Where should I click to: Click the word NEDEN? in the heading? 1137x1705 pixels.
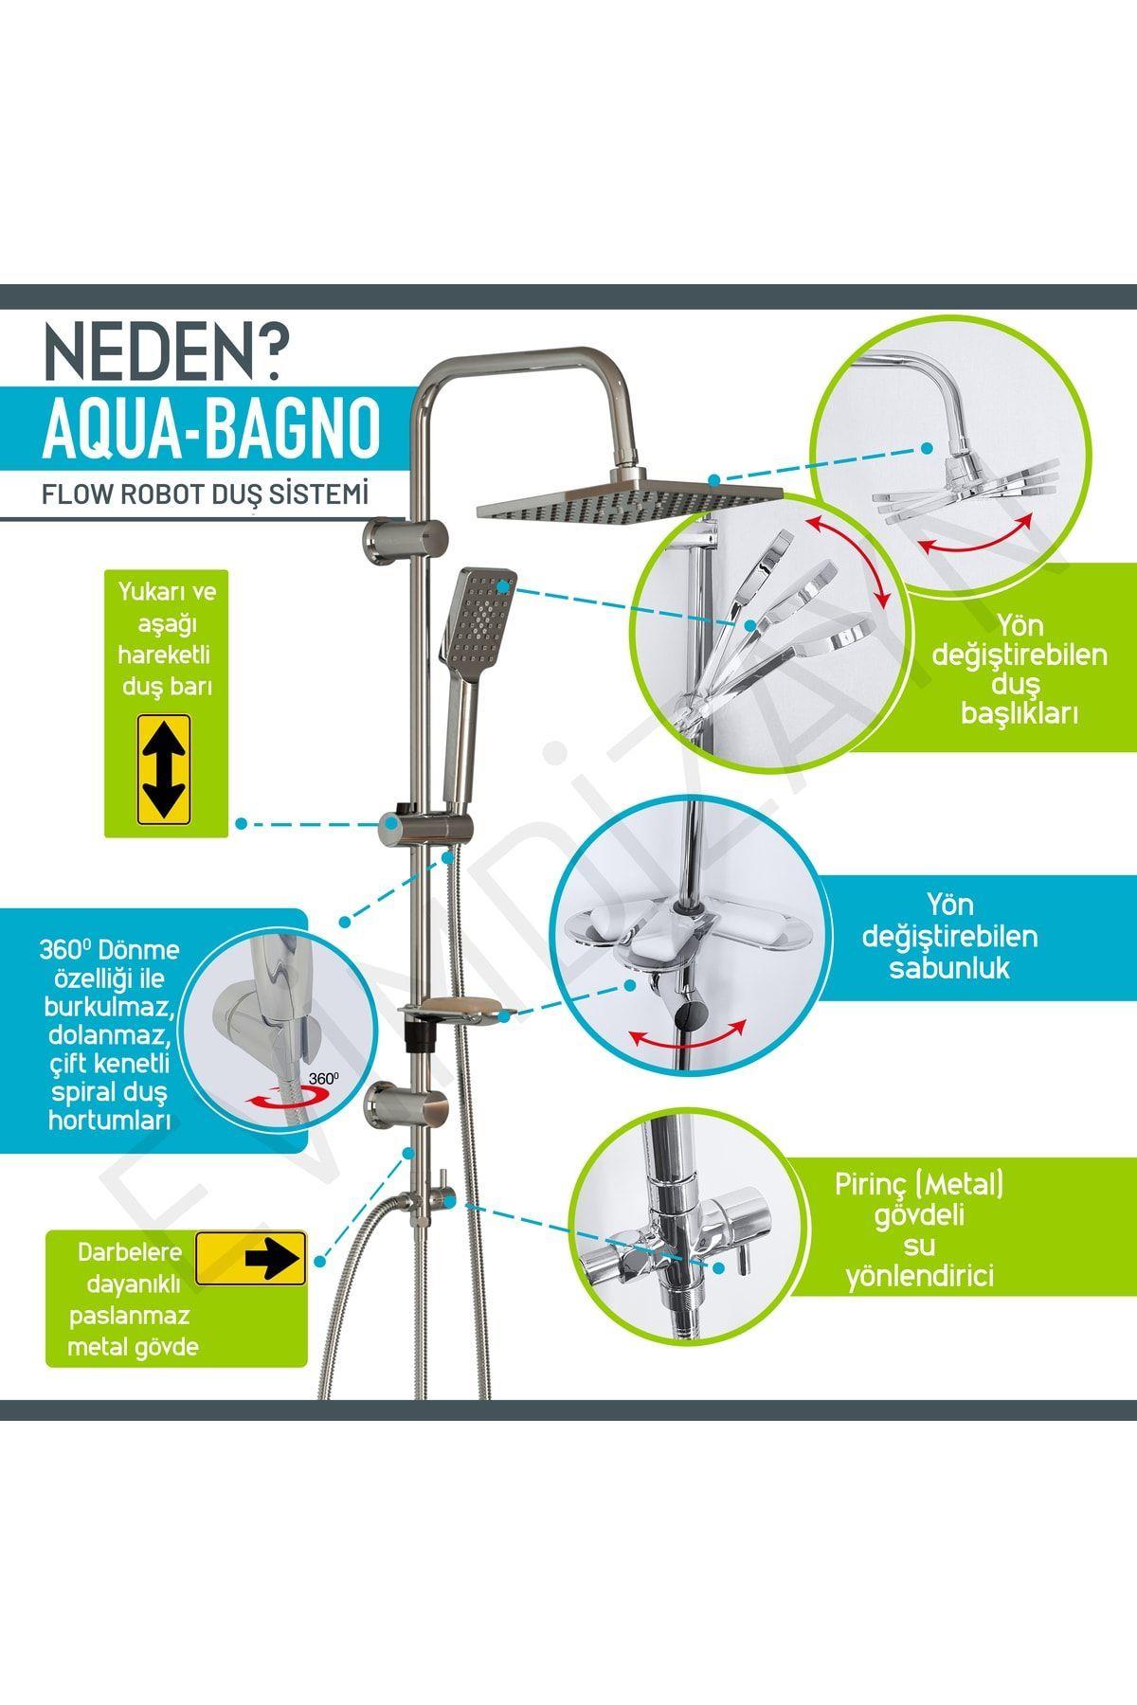pos(162,354)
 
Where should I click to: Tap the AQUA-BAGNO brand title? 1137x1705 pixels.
pos(211,430)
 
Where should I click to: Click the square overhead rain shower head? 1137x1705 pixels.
pos(628,499)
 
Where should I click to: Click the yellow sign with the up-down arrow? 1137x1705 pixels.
pos(165,768)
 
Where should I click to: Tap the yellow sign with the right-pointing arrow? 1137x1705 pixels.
pos(250,1258)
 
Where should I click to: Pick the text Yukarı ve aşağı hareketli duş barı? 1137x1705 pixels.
pos(166,638)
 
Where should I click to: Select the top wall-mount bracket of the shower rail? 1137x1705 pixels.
pos(404,541)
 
